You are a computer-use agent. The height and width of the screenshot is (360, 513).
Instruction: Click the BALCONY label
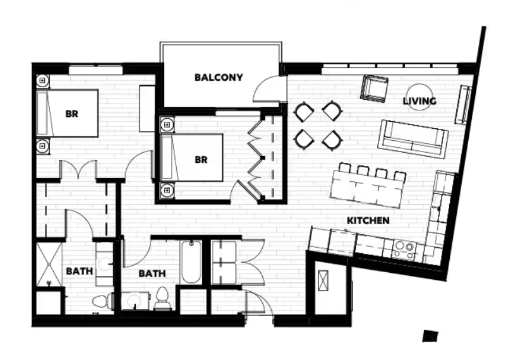(219, 78)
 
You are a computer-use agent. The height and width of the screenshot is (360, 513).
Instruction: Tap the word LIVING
(419, 101)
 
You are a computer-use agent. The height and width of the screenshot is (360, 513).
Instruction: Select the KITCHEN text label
(368, 220)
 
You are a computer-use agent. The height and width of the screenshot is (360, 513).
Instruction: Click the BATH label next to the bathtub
(152, 273)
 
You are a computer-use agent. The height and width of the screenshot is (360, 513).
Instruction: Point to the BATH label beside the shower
(80, 271)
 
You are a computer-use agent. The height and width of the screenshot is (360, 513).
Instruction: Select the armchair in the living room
(374, 88)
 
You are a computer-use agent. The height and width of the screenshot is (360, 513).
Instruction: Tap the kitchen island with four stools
(366, 188)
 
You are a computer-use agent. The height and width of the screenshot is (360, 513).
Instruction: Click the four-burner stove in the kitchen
(404, 249)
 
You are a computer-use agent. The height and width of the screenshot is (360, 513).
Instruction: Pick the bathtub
(191, 262)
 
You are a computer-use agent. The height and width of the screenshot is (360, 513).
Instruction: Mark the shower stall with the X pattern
(49, 264)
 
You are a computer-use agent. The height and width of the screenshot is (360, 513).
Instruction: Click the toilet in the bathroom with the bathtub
(162, 299)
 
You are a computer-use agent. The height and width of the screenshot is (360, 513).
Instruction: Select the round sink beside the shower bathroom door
(105, 264)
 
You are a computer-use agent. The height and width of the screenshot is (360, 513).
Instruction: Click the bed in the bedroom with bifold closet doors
(191, 157)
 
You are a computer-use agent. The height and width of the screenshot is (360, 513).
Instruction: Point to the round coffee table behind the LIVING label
(419, 97)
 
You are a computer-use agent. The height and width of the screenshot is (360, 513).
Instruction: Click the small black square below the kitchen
(430, 336)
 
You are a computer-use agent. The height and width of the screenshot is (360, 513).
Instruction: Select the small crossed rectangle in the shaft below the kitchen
(323, 280)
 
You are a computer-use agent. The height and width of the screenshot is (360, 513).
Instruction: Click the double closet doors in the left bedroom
(78, 170)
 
